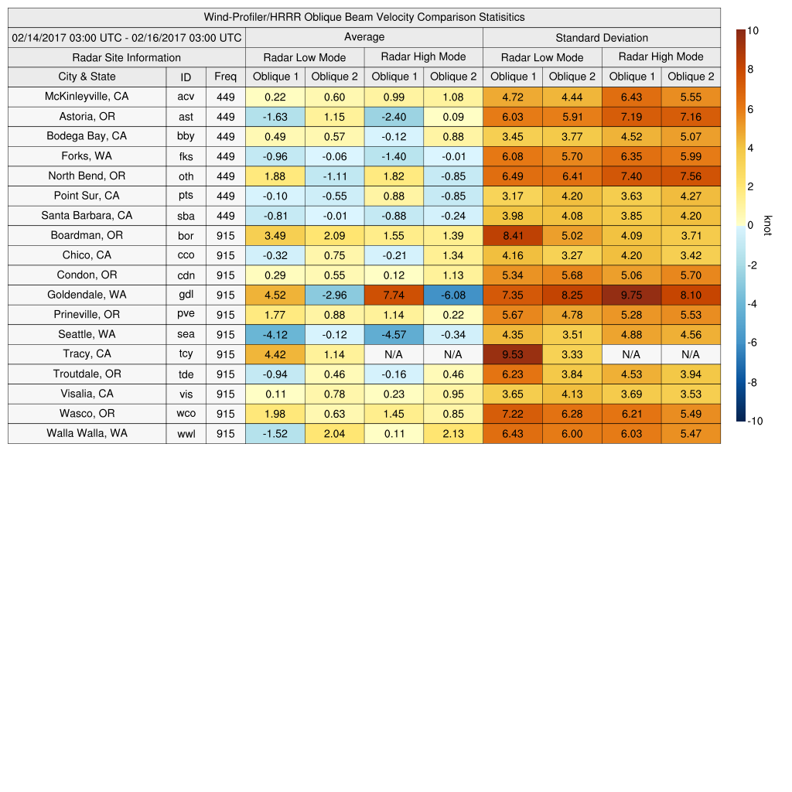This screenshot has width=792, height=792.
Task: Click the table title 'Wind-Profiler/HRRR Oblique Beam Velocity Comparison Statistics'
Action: pyautogui.click(x=364, y=17)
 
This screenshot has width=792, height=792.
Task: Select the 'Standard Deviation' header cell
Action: pyautogui.click(x=602, y=38)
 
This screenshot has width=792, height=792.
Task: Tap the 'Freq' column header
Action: pyautogui.click(x=225, y=77)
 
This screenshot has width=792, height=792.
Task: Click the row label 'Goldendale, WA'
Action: pyautogui.click(x=87, y=295)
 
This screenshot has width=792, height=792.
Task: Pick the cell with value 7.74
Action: pyautogui.click(x=394, y=295)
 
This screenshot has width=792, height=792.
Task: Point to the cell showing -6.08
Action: pyautogui.click(x=452, y=295)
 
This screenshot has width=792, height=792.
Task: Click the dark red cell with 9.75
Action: pyautogui.click(x=631, y=295)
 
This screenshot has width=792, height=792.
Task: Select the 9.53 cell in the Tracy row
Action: pyautogui.click(x=512, y=354)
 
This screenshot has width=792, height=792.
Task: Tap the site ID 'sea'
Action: pyautogui.click(x=186, y=335)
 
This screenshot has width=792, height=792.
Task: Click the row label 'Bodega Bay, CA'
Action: pyautogui.click(x=87, y=136)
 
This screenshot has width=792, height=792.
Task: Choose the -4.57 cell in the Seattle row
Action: pyautogui.click(x=394, y=335)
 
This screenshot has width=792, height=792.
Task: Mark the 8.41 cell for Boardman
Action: pyautogui.click(x=512, y=235)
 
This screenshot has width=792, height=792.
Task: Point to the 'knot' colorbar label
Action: pyautogui.click(x=767, y=225)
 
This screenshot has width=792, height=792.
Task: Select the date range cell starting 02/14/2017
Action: pyautogui.click(x=127, y=38)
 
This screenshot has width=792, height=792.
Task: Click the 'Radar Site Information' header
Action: pyautogui.click(x=127, y=57)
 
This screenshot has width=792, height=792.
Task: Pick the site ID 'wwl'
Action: pyautogui.click(x=186, y=434)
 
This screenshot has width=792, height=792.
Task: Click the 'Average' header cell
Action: pyautogui.click(x=364, y=37)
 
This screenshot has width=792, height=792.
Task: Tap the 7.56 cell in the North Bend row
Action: pyautogui.click(x=691, y=176)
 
